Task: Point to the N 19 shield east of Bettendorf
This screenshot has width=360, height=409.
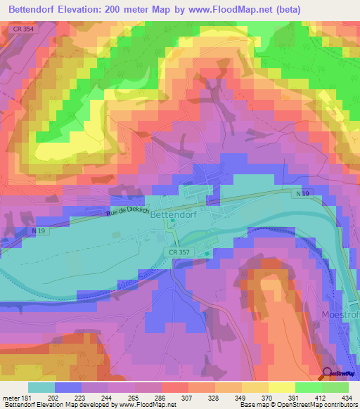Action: (303, 192)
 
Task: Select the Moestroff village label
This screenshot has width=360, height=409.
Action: (340, 314)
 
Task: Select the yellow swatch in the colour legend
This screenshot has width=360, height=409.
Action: (282, 387)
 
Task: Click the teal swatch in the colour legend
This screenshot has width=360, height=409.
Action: (41, 387)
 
